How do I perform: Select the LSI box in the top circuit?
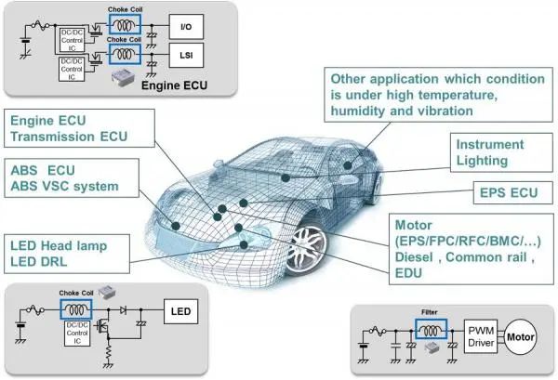click(186, 57)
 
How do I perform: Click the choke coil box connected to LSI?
click(122, 55)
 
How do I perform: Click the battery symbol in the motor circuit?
click(363, 348)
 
